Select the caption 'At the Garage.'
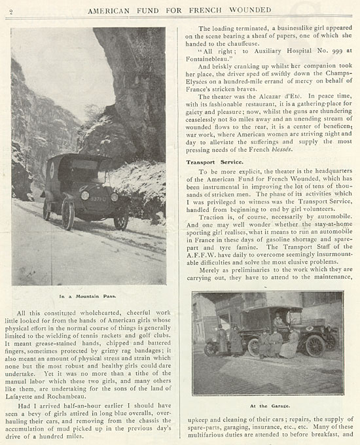(x=266, y=405)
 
